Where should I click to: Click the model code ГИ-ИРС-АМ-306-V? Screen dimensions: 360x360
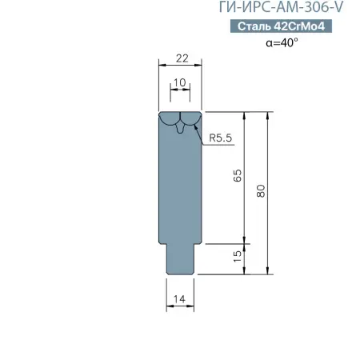[281, 7]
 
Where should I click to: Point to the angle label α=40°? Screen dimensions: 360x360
[282, 42]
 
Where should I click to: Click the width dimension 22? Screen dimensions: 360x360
[182, 58]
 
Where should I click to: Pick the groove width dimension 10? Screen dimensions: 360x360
[179, 82]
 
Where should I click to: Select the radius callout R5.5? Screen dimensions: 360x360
[221, 138]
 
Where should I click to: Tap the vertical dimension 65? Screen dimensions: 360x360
[238, 175]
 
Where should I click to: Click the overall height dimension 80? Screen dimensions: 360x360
[261, 191]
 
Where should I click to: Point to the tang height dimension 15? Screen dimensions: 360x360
[238, 257]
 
